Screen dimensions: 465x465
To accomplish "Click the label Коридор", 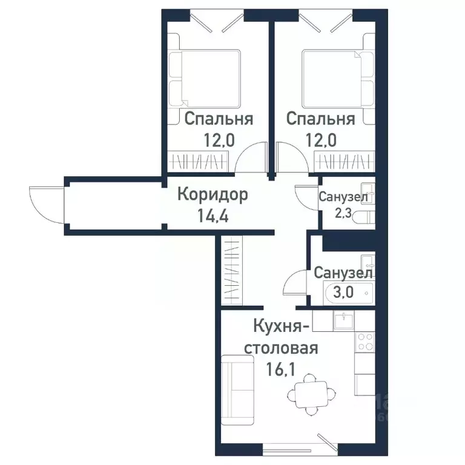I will click(x=213, y=195).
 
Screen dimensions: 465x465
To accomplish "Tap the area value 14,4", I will click(x=213, y=216).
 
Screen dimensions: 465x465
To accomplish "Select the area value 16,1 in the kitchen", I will click(x=282, y=368).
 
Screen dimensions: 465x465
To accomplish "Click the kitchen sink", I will click(x=343, y=320).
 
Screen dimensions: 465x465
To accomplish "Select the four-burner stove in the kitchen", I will click(x=364, y=343).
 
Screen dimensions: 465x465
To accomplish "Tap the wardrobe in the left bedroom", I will click(x=200, y=161).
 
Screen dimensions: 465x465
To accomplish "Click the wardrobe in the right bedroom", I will click(x=341, y=161).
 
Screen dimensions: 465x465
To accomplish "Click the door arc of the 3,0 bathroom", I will click(x=297, y=283).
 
